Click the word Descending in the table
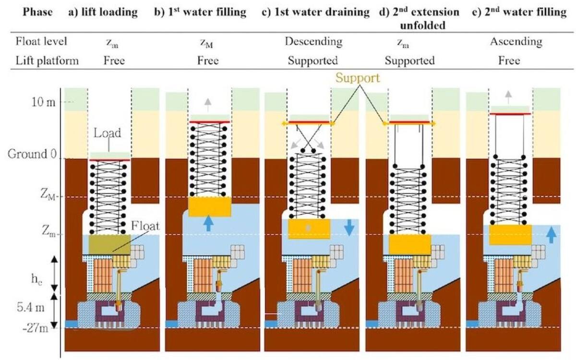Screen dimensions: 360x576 tap(313, 41)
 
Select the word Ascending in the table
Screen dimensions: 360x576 tap(516, 41)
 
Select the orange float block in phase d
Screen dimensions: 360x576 tap(409, 244)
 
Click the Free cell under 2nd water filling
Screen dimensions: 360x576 tap(511, 60)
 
